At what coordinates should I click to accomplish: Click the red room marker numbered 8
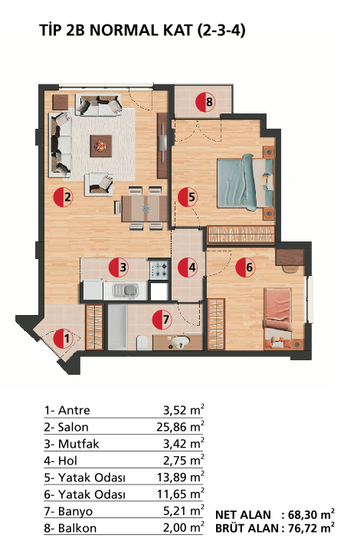205,102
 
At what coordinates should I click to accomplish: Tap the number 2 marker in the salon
64,197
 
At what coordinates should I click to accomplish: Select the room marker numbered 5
188,197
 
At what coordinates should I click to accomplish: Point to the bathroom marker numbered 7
162,319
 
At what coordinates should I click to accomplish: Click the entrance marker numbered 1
64,339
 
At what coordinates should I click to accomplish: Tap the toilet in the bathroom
142,343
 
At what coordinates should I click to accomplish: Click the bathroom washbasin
181,342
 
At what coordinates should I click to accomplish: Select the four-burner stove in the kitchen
159,269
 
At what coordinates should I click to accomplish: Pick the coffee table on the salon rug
101,146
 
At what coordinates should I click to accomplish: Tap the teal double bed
245,182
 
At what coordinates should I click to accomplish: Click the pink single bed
278,319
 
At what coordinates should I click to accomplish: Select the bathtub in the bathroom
117,327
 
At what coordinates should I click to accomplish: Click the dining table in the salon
145,208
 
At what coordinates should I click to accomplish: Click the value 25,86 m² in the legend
180,426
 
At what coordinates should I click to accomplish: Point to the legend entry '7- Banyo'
68,511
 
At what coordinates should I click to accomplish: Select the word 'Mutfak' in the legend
79,444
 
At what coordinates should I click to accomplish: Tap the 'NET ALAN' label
243,514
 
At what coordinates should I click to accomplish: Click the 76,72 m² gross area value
311,528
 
